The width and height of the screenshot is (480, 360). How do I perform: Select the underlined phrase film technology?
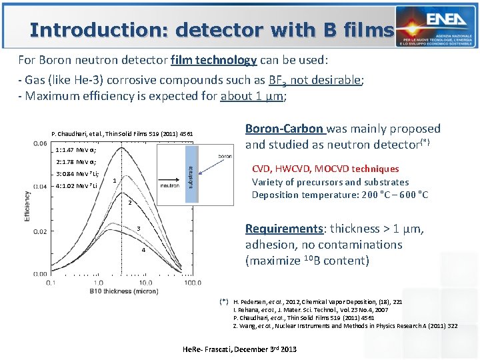tap(213, 60)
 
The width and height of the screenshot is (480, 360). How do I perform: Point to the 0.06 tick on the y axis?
tap(39, 143)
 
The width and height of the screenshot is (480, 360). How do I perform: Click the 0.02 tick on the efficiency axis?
tap(39, 231)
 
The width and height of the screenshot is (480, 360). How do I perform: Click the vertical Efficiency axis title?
tap(27, 207)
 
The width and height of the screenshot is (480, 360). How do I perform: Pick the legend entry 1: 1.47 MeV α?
tap(77, 150)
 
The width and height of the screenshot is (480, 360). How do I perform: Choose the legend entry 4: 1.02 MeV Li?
tap(77, 185)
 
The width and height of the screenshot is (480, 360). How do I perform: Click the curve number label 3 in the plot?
tap(138, 230)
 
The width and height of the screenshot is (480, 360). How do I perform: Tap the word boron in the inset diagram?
tap(225, 156)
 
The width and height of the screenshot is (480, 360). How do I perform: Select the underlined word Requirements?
tap(284, 229)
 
